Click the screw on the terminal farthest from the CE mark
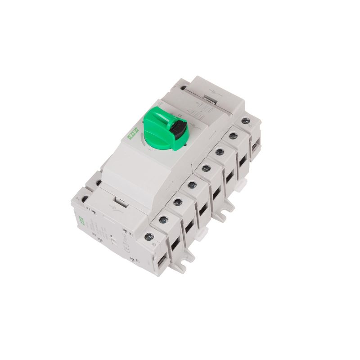[245, 121]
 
